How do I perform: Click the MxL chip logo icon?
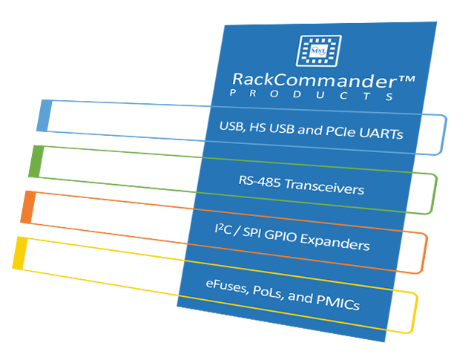point(319,50)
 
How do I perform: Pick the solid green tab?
point(36,161)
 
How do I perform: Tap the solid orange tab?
point(28,207)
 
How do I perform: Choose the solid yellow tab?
point(20,253)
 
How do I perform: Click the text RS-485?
point(260,181)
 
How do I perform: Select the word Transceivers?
point(324,187)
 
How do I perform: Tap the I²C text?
point(223,229)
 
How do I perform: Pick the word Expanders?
point(335,242)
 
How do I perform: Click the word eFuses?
point(226,286)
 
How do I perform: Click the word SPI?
point(251,232)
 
